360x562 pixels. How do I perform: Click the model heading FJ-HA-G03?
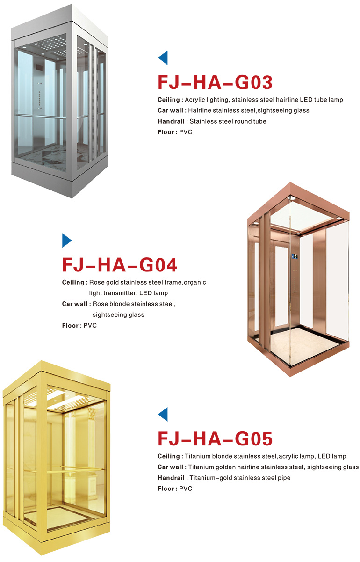coord(215,82)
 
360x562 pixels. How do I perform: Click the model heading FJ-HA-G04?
coord(119,265)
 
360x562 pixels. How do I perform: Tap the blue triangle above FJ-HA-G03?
coord(163,58)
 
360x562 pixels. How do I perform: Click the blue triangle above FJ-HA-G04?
coord(67,241)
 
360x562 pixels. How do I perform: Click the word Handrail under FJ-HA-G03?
coord(171,121)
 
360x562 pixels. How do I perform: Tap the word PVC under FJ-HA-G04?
coord(90,325)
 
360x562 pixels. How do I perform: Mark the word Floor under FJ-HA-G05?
coord(166,489)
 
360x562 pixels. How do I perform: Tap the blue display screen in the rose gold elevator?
coord(295,256)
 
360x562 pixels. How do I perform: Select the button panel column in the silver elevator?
coord(39,96)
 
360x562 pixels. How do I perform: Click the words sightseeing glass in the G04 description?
coord(118,314)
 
